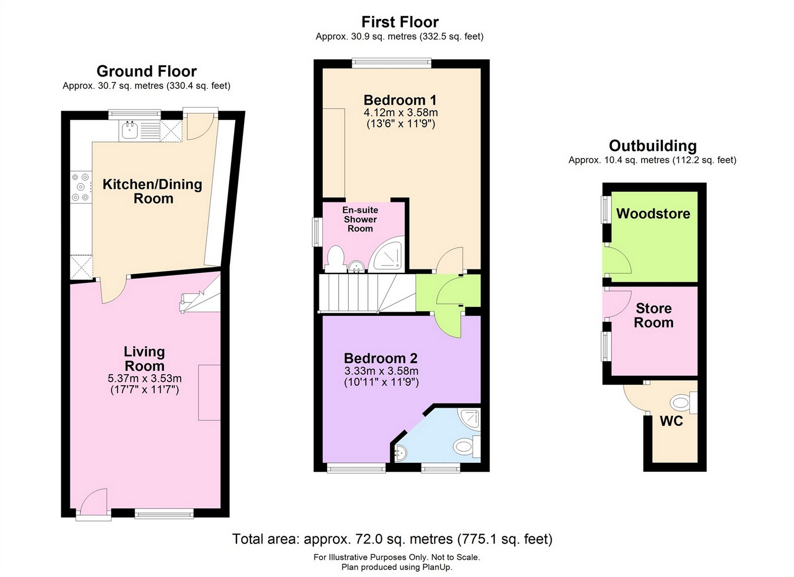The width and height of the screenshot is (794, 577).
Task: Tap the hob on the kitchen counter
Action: (x=81, y=187)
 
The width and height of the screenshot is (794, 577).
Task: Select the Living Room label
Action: (x=145, y=359)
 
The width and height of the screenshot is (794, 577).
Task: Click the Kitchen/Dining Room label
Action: (x=152, y=191)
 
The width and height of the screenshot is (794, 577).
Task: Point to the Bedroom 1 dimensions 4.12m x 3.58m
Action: (x=401, y=113)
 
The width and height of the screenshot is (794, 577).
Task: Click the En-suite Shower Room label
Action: (x=360, y=219)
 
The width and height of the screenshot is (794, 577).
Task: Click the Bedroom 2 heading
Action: (x=381, y=358)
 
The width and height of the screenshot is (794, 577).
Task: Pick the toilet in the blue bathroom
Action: (x=466, y=446)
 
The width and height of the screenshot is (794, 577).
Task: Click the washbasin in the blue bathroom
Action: (x=400, y=452)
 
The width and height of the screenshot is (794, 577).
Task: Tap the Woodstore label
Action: (x=653, y=214)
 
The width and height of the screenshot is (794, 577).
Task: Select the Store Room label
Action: (x=653, y=315)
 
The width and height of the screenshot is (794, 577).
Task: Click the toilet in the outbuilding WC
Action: (x=683, y=403)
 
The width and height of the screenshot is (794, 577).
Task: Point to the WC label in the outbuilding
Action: (x=671, y=421)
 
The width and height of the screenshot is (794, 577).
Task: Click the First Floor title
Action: (x=400, y=22)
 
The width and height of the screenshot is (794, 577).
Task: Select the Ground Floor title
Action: (x=146, y=71)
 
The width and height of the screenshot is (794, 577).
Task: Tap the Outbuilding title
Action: (x=653, y=146)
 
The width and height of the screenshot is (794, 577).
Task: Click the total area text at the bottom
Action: (x=392, y=539)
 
